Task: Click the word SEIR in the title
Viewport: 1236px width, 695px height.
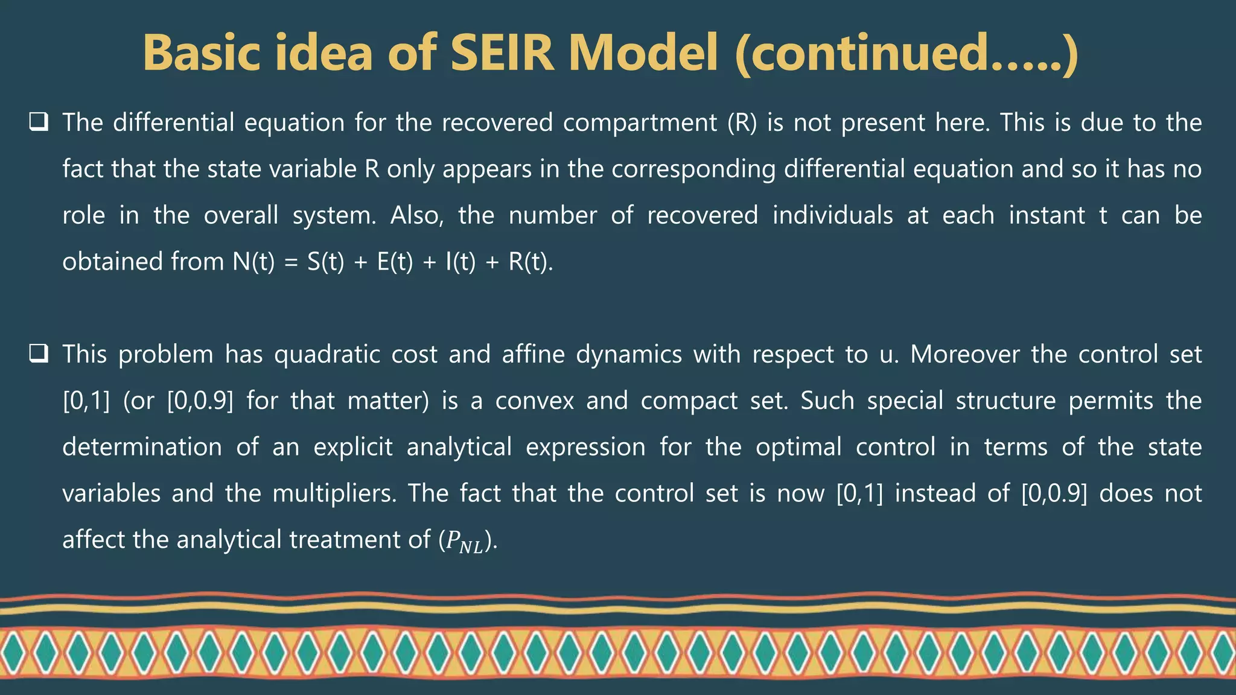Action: point(501,53)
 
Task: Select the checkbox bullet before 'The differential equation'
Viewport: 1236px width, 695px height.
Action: point(39,122)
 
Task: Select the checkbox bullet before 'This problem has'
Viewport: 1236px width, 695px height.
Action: point(39,354)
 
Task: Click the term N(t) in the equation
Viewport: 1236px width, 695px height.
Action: point(253,262)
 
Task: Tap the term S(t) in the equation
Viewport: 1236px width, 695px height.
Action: point(325,262)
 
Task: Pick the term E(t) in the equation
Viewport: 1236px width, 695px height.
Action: point(395,262)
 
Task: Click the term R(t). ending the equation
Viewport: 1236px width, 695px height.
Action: point(530,262)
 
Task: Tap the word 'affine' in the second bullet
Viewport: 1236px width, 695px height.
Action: point(533,355)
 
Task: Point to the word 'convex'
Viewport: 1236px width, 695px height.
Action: point(534,401)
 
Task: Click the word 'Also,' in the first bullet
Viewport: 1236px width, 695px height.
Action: point(416,216)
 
